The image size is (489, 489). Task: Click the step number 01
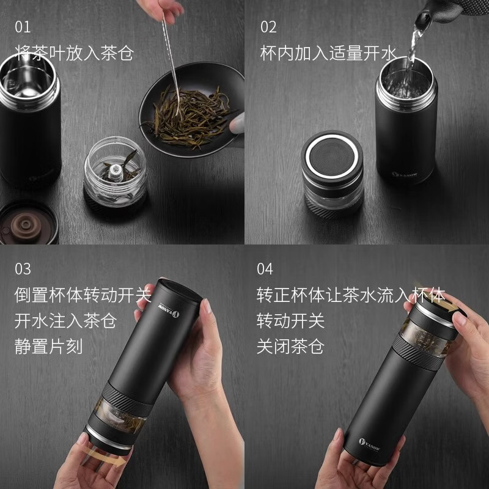(x=23, y=28)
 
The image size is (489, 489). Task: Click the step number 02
(x=268, y=28)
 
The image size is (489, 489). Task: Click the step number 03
(x=23, y=269)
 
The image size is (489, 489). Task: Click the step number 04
(x=265, y=269)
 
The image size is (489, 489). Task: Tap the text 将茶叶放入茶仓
(x=73, y=52)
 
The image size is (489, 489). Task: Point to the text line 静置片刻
(x=48, y=347)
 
